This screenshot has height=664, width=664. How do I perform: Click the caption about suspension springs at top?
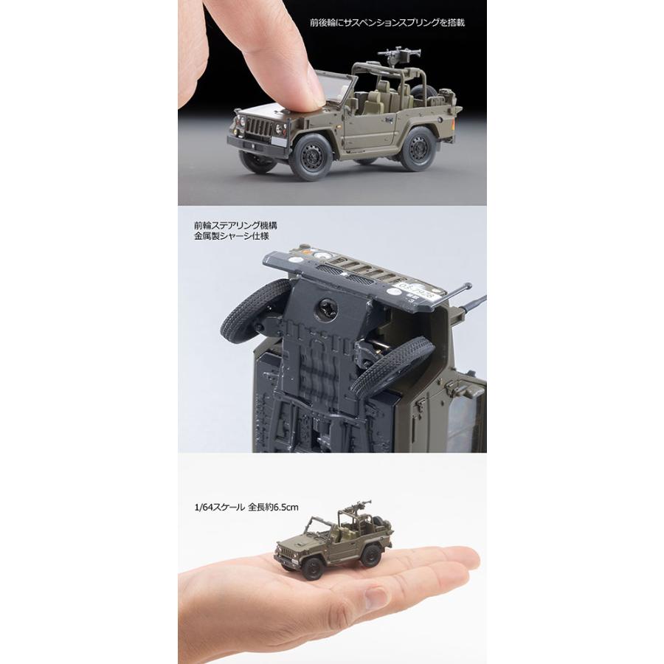(392, 22)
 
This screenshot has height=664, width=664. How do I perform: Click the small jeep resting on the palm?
(328, 543)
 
